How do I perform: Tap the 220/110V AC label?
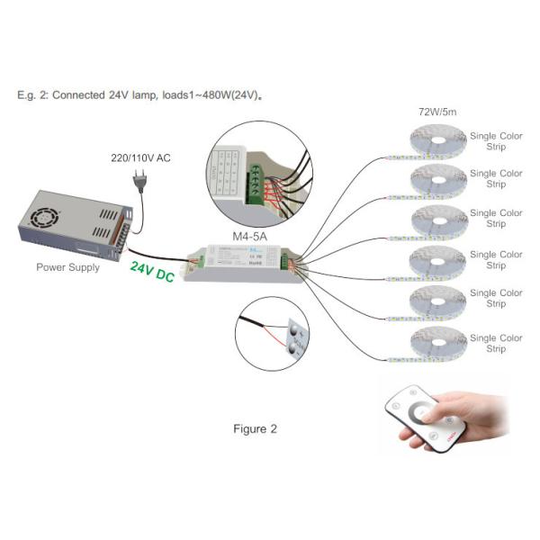pyautogui.click(x=139, y=158)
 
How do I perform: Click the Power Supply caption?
pyautogui.click(x=67, y=267)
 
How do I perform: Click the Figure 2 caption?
pyautogui.click(x=255, y=428)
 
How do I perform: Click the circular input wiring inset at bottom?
pyautogui.click(x=272, y=333)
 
